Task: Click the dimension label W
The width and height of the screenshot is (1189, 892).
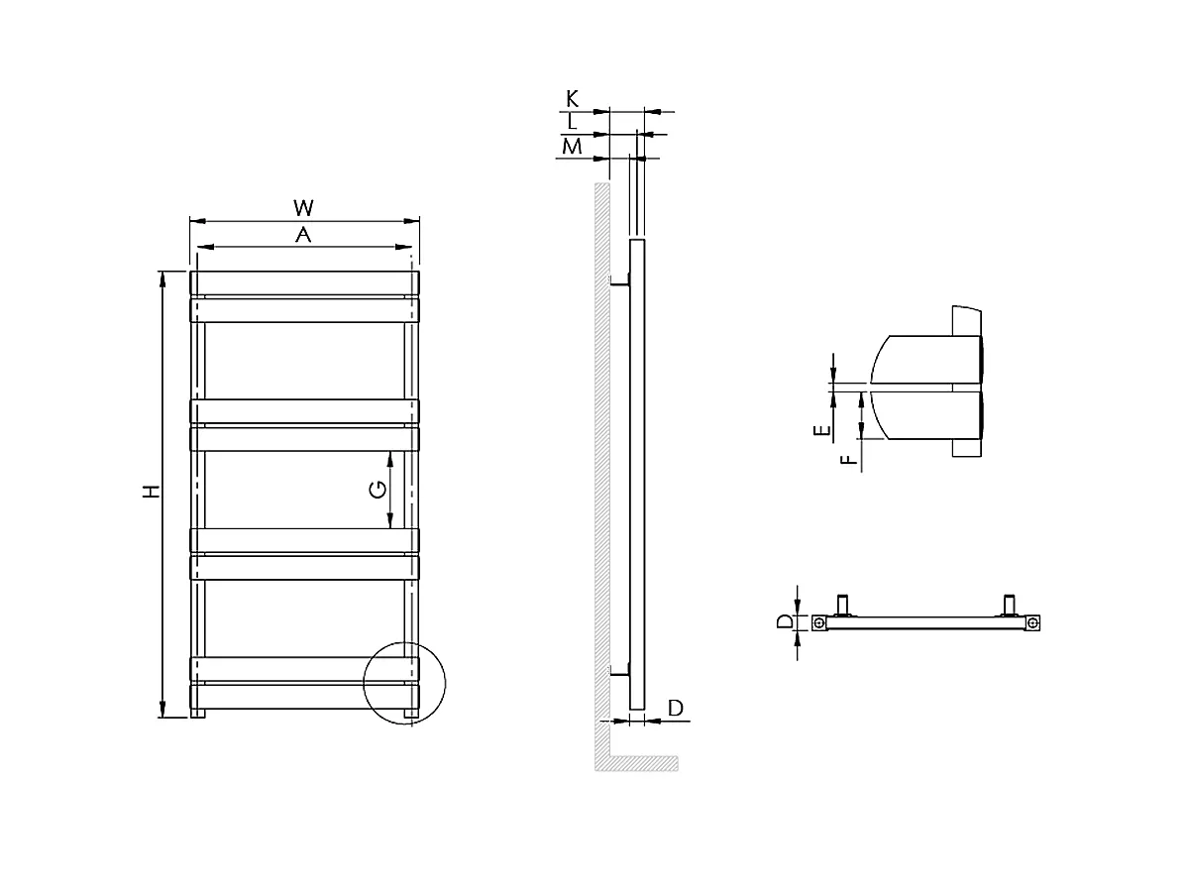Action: click(x=303, y=207)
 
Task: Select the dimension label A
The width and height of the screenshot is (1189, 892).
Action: click(x=303, y=235)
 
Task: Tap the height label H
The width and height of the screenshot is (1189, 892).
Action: click(x=150, y=492)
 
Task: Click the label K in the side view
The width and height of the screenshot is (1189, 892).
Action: click(x=572, y=98)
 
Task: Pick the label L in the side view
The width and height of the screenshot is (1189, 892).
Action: click(x=572, y=122)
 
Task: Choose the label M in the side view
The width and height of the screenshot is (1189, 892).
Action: click(x=571, y=147)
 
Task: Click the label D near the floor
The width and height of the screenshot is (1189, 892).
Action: click(x=675, y=708)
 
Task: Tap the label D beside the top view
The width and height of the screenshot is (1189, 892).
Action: click(x=784, y=622)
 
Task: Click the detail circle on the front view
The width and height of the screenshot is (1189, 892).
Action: click(x=404, y=684)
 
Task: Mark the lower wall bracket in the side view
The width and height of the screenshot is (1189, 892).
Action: click(x=618, y=671)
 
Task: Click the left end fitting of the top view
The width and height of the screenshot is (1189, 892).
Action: click(x=818, y=623)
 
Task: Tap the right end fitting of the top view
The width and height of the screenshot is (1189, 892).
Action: click(x=1032, y=623)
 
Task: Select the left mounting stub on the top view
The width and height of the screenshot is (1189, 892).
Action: click(x=844, y=604)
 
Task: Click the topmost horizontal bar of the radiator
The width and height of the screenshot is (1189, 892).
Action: click(x=303, y=282)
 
